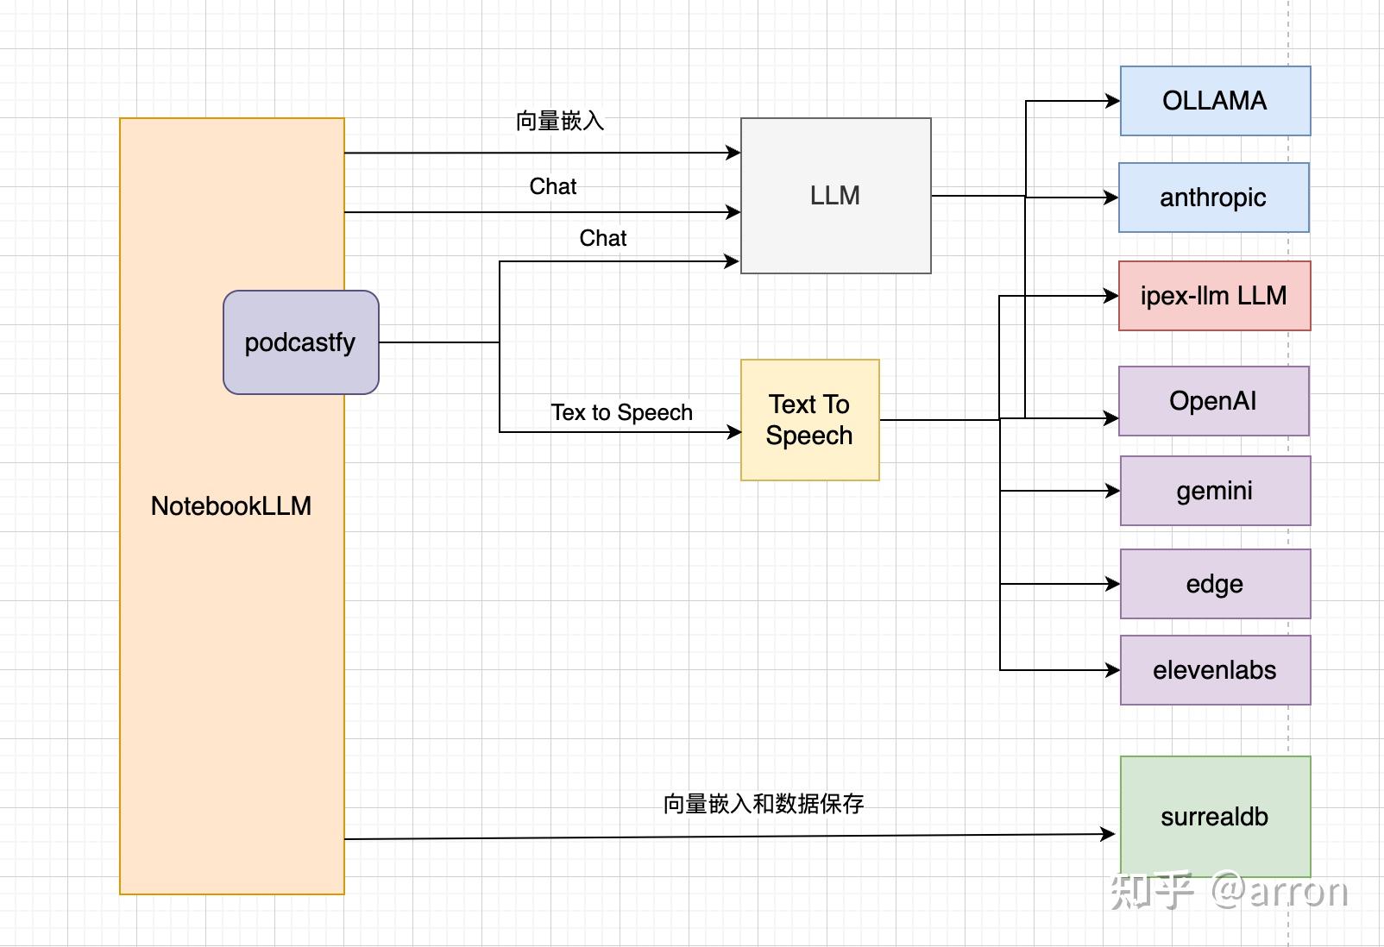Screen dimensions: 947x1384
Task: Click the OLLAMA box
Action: pyautogui.click(x=1215, y=101)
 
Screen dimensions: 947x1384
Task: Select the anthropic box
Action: pyautogui.click(x=1213, y=198)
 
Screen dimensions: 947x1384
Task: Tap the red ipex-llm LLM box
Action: pyautogui.click(x=1214, y=296)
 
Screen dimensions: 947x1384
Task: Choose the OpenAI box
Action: pyautogui.click(x=1213, y=401)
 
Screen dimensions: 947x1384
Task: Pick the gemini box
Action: pyautogui.click(x=1215, y=491)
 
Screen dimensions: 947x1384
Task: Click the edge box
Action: pyautogui.click(x=1215, y=584)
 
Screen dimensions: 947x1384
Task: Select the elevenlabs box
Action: pyautogui.click(x=1215, y=670)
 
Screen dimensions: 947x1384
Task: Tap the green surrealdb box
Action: pyautogui.click(x=1215, y=816)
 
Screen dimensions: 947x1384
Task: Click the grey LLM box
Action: pyautogui.click(x=835, y=196)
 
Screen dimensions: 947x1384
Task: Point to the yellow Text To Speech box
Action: pyautogui.click(x=809, y=420)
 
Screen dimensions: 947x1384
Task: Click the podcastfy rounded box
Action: pyautogui.click(x=300, y=342)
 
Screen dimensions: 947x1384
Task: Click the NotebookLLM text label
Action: pyautogui.click(x=231, y=506)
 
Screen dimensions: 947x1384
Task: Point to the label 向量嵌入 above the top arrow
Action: pyautogui.click(x=560, y=121)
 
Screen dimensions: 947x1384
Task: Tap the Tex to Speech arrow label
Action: pyautogui.click(x=621, y=412)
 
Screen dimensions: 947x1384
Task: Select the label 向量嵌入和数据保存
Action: pyautogui.click(x=763, y=804)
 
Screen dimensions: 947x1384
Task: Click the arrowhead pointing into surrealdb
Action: pyautogui.click(x=1109, y=834)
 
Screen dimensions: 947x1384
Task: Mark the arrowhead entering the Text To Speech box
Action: pyautogui.click(x=734, y=432)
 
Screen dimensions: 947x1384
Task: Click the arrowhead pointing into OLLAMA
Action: pyautogui.click(x=1113, y=101)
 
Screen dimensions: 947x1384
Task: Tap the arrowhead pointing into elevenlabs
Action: pyautogui.click(x=1113, y=670)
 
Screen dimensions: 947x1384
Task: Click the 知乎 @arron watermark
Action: pyautogui.click(x=1229, y=892)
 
